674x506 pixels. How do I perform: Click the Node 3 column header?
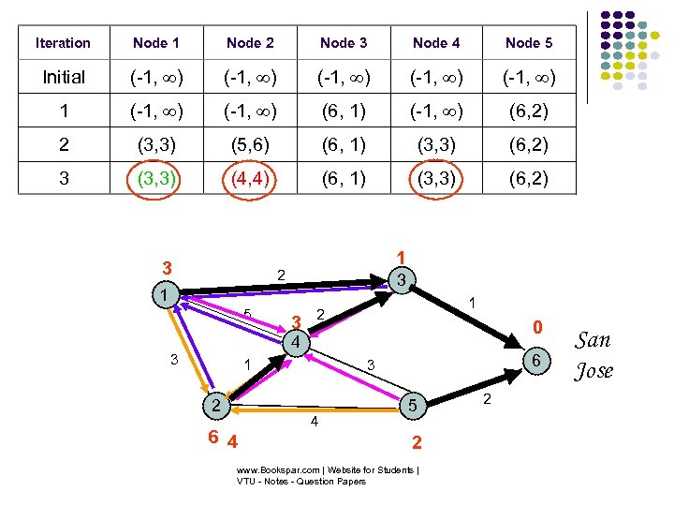(x=344, y=43)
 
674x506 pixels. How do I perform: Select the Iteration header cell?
(x=63, y=43)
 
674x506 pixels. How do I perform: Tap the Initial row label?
(x=64, y=78)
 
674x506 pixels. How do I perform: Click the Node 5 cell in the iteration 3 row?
(x=529, y=178)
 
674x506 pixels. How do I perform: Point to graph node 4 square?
(x=294, y=343)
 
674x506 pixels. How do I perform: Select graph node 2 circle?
(x=215, y=406)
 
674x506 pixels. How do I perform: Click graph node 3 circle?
(x=400, y=279)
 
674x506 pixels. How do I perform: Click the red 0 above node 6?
(x=536, y=328)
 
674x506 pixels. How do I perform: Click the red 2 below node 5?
(x=417, y=440)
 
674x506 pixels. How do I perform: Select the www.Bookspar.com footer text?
(x=328, y=475)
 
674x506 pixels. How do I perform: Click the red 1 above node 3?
(x=400, y=257)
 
